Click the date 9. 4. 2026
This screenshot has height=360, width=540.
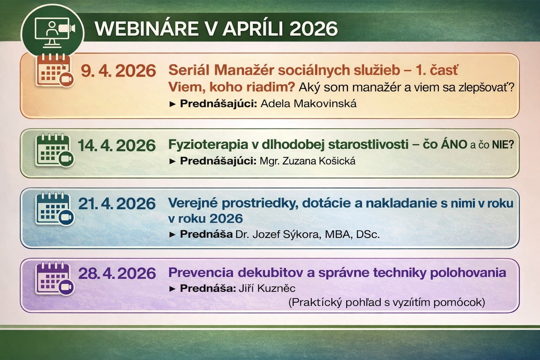pyautogui.click(x=118, y=71)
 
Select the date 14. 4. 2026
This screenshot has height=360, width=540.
pyautogui.click(x=117, y=146)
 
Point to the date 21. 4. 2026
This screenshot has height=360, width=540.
pyautogui.click(x=117, y=204)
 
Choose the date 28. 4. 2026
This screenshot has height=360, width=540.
pyautogui.click(x=117, y=273)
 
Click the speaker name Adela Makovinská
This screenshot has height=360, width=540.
pyautogui.click(x=309, y=104)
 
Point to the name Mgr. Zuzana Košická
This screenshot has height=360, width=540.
pyautogui.click(x=308, y=161)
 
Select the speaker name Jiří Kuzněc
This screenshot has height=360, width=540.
pyautogui.click(x=267, y=288)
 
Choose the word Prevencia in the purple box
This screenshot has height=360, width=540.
pyautogui.click(x=201, y=273)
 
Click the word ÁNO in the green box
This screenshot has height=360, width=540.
pyautogui.click(x=454, y=144)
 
